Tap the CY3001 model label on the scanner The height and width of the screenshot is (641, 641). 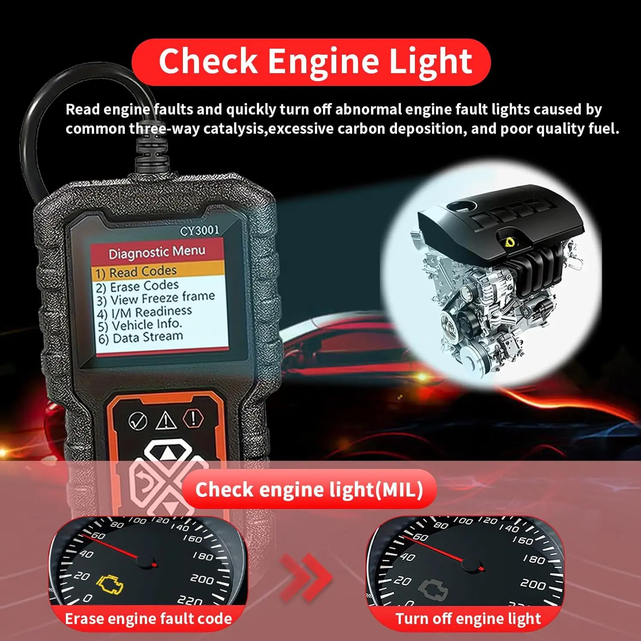click(200, 231)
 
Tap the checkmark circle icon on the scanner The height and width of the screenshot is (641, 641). click(138, 421)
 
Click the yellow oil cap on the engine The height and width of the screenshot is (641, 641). click(510, 242)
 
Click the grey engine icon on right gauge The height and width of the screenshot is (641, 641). click(432, 590)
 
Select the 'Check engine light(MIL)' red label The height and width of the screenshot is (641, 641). click(309, 490)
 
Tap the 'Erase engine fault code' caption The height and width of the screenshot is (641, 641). click(148, 619)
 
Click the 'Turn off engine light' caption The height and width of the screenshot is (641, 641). click(468, 619)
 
